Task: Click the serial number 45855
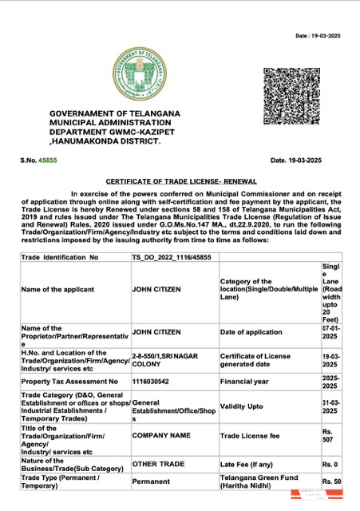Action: click(48, 160)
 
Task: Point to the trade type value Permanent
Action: click(155, 482)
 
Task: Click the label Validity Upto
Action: click(243, 406)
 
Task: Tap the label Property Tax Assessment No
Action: click(69, 382)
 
